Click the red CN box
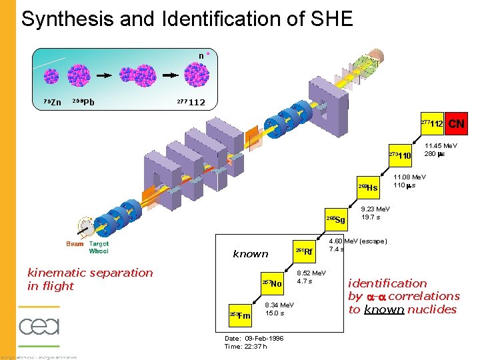pos(457,124)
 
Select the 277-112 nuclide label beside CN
pos(433,124)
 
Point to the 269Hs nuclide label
pos(368,188)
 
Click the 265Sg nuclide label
pos(336,220)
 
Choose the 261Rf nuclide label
pos(304,251)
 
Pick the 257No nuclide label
pos(273,283)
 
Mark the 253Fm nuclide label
pos(240,315)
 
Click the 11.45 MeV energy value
pos(441,145)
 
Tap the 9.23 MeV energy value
pos(376,209)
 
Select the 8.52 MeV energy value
pos(311,273)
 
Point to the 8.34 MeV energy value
pos(280,305)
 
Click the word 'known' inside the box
pos(251,254)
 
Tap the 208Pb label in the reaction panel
pos(83,102)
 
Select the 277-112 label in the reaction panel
pos(191,102)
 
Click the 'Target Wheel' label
pos(99,247)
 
